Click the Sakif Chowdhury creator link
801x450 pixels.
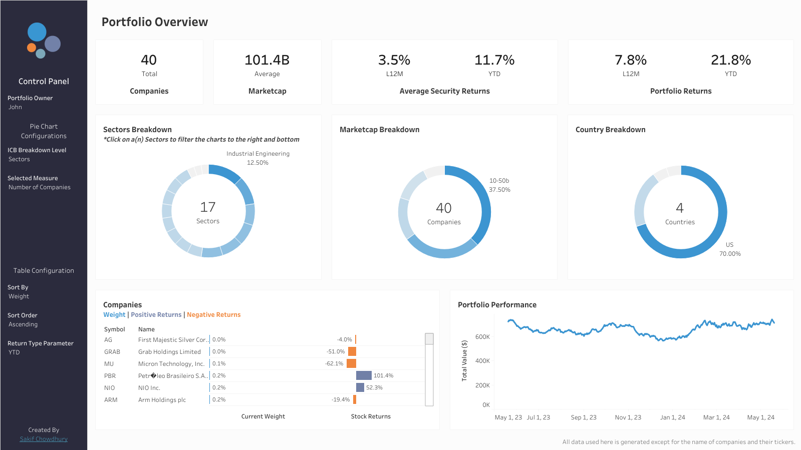[44, 439]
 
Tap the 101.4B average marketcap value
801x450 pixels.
[267, 60]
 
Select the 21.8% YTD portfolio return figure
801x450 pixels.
[730, 60]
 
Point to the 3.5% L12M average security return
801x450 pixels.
[394, 60]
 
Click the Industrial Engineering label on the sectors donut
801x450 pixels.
[258, 154]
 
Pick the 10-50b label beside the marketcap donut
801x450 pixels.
[499, 181]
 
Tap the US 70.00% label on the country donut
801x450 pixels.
[730, 249]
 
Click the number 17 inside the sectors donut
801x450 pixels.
[208, 207]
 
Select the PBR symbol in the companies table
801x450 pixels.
[110, 376]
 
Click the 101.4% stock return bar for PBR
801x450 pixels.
[364, 375]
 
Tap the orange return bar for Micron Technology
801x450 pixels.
[352, 363]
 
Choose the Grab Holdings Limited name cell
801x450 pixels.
[169, 352]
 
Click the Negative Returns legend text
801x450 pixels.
[213, 315]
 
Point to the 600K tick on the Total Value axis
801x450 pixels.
[482, 337]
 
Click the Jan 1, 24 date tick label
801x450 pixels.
[672, 417]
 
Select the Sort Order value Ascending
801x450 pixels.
[23, 324]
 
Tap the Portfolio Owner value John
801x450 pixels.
[15, 107]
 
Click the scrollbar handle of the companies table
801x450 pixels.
[429, 338]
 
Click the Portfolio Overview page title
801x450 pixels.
[155, 22]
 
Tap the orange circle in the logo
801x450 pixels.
[32, 48]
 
